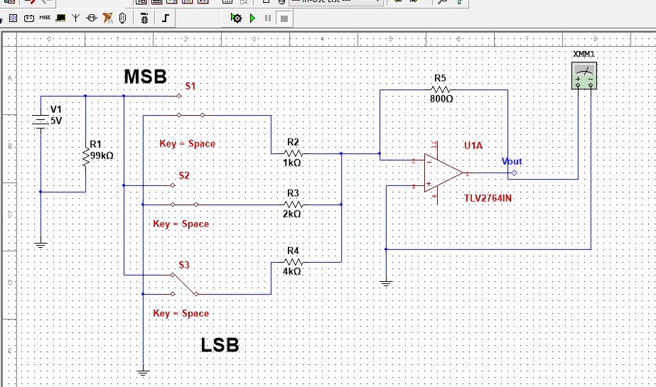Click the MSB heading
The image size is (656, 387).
coord(146,77)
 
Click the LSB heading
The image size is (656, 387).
coord(220,346)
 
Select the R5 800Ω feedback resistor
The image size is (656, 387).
coord(441,89)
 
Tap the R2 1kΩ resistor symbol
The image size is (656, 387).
coord(294,153)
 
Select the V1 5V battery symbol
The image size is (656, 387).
coord(41,121)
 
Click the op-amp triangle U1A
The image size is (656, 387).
coord(443,173)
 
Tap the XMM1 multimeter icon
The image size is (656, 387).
coord(584,75)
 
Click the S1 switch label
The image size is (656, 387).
coord(190,86)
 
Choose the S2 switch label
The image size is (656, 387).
coord(184,175)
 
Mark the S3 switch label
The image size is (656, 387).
coord(184,265)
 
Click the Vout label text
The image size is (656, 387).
coord(512,162)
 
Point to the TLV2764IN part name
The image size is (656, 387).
coord(488,198)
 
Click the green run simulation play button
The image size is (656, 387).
coord(252,18)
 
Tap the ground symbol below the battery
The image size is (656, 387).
coord(41,244)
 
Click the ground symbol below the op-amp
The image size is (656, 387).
coord(386,283)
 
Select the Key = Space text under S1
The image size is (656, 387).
coord(187,143)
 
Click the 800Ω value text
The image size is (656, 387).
coord(441,99)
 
